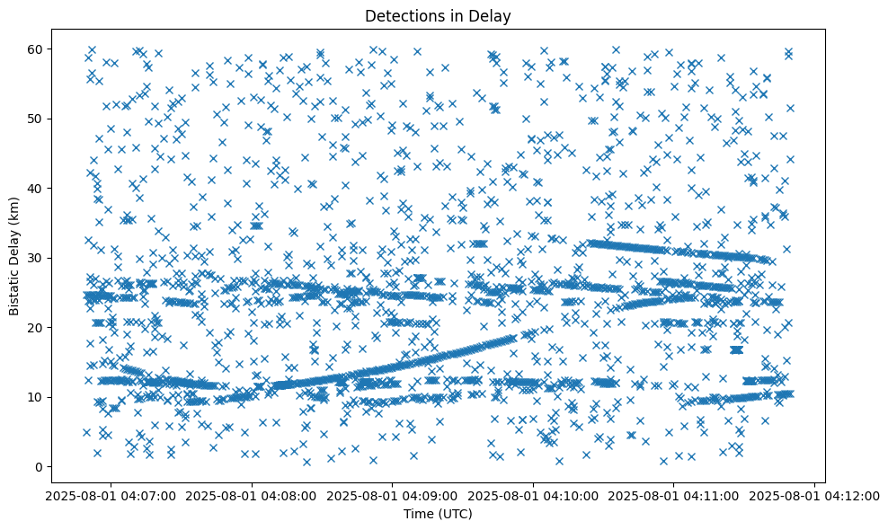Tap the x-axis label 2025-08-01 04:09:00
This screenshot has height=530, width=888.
(393, 495)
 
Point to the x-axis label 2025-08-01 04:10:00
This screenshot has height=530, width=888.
(534, 495)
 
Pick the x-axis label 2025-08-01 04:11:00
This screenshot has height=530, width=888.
(674, 495)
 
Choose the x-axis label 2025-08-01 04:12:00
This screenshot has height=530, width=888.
(815, 495)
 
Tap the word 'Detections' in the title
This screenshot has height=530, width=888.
(413, 15)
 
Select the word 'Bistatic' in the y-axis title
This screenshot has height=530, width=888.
(15, 288)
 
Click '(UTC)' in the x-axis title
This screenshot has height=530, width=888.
(457, 514)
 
